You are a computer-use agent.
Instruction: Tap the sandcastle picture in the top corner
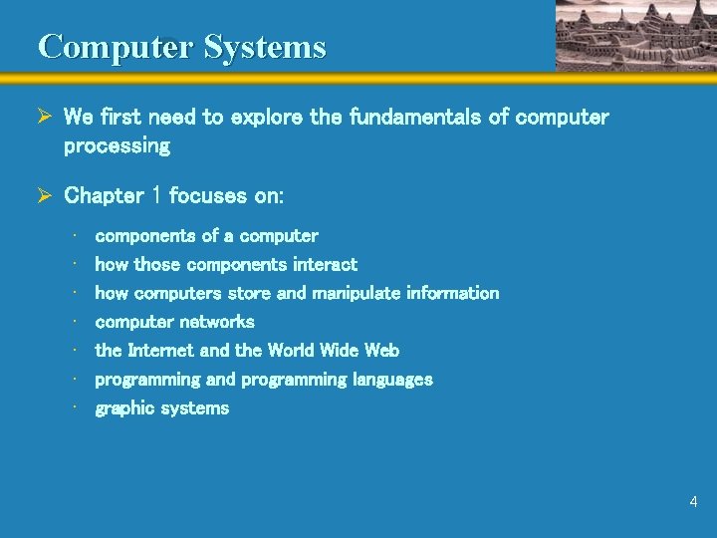tap(634, 35)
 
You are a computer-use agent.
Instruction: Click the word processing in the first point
tap(117, 146)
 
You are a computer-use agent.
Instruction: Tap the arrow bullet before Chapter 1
tap(45, 195)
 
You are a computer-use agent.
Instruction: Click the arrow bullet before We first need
tap(45, 118)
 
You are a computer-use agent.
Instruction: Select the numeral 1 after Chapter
tap(155, 195)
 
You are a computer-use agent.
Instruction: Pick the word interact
tap(325, 265)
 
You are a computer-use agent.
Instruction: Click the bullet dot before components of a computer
tap(76, 236)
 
